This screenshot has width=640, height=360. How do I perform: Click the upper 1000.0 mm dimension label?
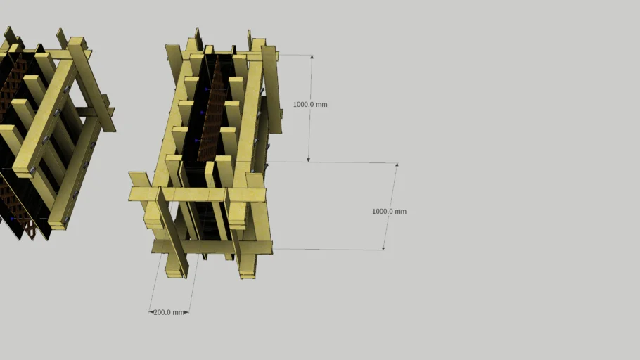click(x=310, y=104)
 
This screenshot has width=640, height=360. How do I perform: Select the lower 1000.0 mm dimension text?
click(x=389, y=211)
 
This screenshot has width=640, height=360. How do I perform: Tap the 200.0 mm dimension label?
click(x=169, y=311)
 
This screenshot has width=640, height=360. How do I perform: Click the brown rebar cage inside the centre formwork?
click(x=211, y=112)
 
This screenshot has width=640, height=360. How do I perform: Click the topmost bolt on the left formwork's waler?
click(x=66, y=90)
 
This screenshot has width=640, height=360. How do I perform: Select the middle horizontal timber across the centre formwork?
click(x=197, y=194)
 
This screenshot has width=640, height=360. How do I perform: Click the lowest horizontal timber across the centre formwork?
click(x=211, y=247)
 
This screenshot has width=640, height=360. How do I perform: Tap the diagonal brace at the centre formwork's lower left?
click(x=172, y=232)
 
